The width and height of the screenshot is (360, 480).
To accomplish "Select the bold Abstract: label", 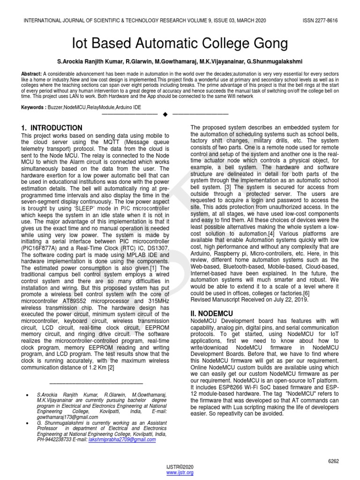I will click(x=31, y=74).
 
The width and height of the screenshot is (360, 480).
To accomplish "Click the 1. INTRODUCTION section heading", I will click(x=52, y=128).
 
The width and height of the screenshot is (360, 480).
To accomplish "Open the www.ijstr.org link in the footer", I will click(x=180, y=473).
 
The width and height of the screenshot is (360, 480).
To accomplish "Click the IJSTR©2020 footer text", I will click(x=180, y=467).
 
